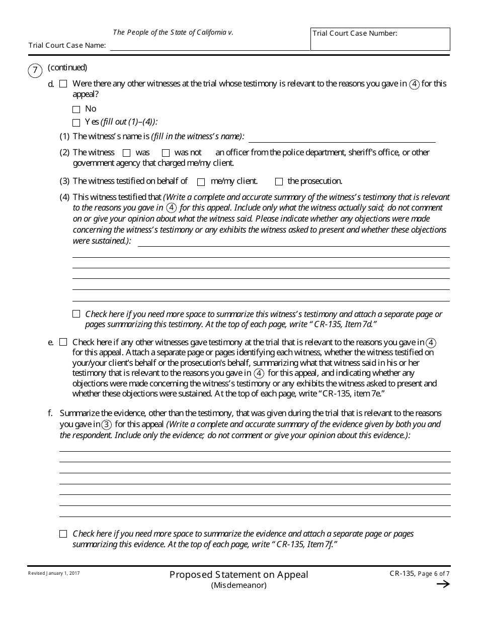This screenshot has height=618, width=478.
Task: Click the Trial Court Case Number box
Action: [x=380, y=39]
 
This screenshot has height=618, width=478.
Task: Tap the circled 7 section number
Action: [x=35, y=70]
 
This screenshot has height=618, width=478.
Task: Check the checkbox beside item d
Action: [x=63, y=84]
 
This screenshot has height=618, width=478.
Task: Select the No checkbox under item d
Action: [x=76, y=110]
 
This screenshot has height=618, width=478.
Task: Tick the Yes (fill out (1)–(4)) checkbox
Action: [x=76, y=123]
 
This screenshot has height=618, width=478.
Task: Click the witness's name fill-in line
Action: [x=342, y=138]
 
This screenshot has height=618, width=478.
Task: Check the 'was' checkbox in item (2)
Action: [x=127, y=153]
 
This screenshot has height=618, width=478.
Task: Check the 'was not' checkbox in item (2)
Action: [x=166, y=153]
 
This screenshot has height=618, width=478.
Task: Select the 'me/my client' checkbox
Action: [x=201, y=182]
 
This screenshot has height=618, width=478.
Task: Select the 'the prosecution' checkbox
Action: [x=279, y=182]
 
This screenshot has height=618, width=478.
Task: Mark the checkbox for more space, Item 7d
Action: [x=76, y=314]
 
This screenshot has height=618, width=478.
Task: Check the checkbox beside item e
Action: [x=63, y=342]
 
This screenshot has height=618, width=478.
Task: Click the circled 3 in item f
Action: [x=107, y=425]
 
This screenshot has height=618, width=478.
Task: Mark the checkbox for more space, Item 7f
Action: [x=63, y=534]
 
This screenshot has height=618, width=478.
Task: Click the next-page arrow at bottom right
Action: [x=443, y=584]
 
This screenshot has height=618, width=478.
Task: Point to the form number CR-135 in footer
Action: [x=403, y=573]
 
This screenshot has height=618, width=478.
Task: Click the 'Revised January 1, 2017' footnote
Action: [x=54, y=573]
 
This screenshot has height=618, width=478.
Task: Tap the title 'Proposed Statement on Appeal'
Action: [x=238, y=575]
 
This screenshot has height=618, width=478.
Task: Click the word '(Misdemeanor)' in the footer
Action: [x=238, y=585]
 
